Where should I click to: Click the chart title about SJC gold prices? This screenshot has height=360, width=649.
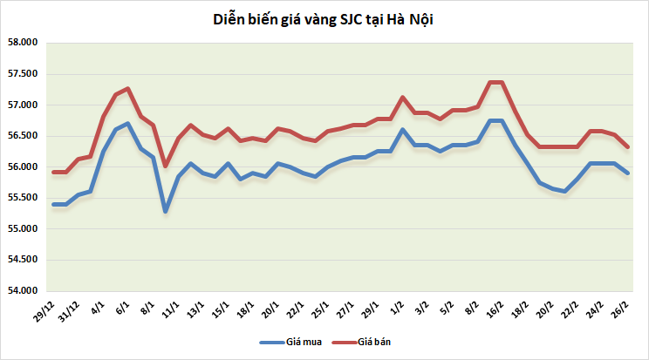pyautogui.click(x=323, y=19)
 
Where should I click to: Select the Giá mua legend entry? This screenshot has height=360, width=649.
pyautogui.click(x=290, y=343)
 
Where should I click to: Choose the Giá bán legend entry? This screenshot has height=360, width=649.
pyautogui.click(x=361, y=343)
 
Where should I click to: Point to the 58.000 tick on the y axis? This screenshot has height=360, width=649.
pyautogui.click(x=23, y=42)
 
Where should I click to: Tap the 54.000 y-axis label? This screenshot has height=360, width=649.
pyautogui.click(x=23, y=290)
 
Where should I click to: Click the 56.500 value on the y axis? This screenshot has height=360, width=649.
pyautogui.click(x=23, y=136)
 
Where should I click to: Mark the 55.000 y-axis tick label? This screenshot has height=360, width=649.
pyautogui.click(x=23, y=228)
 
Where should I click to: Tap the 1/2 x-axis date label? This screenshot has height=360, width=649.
pyautogui.click(x=397, y=308)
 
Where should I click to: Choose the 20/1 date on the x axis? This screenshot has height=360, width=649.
pyautogui.click(x=270, y=309)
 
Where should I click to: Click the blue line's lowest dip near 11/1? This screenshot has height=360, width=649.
pyautogui.click(x=166, y=212)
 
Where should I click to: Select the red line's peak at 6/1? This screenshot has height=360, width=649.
pyautogui.click(x=128, y=88)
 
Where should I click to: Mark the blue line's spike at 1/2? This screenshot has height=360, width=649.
pyautogui.click(x=403, y=130)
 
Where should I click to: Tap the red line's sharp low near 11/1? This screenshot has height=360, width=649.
pyautogui.click(x=166, y=166)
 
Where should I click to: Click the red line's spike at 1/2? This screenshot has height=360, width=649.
pyautogui.click(x=403, y=98)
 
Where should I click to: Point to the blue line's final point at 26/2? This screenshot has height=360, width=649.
pyautogui.click(x=627, y=173)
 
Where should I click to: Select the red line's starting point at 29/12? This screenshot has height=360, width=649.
pyautogui.click(x=53, y=172)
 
